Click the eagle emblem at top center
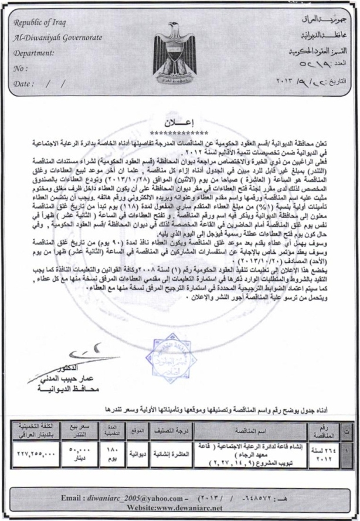179,53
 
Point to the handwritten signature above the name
85,355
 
